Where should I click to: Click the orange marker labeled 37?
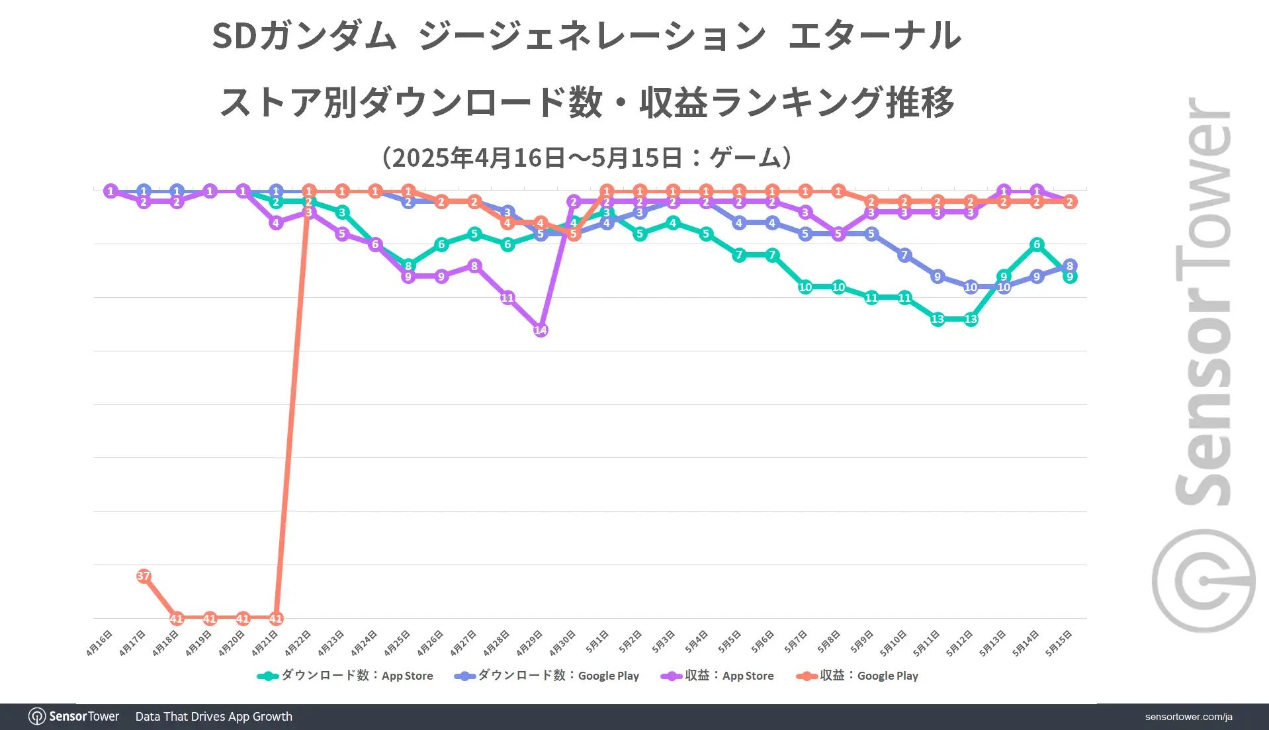[x=144, y=576]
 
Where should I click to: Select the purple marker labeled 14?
[x=541, y=330]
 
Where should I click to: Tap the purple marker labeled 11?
[x=507, y=298]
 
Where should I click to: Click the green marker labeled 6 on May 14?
[x=1037, y=244]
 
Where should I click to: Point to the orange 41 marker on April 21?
[x=276, y=618]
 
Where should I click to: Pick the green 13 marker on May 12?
[x=971, y=319]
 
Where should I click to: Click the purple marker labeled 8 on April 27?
[x=474, y=266]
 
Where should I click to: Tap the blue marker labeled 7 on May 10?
[x=904, y=255]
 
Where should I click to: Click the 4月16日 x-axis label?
[x=99, y=643]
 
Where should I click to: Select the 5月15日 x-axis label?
[x=1059, y=643]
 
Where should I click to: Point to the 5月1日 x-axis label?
[x=597, y=642]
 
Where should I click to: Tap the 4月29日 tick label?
[x=529, y=643]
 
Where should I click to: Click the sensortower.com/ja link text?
[x=1188, y=717]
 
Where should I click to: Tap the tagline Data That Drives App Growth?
[x=214, y=717]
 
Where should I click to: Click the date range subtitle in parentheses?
[x=586, y=158]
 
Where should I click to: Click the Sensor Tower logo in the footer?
[x=74, y=717]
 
